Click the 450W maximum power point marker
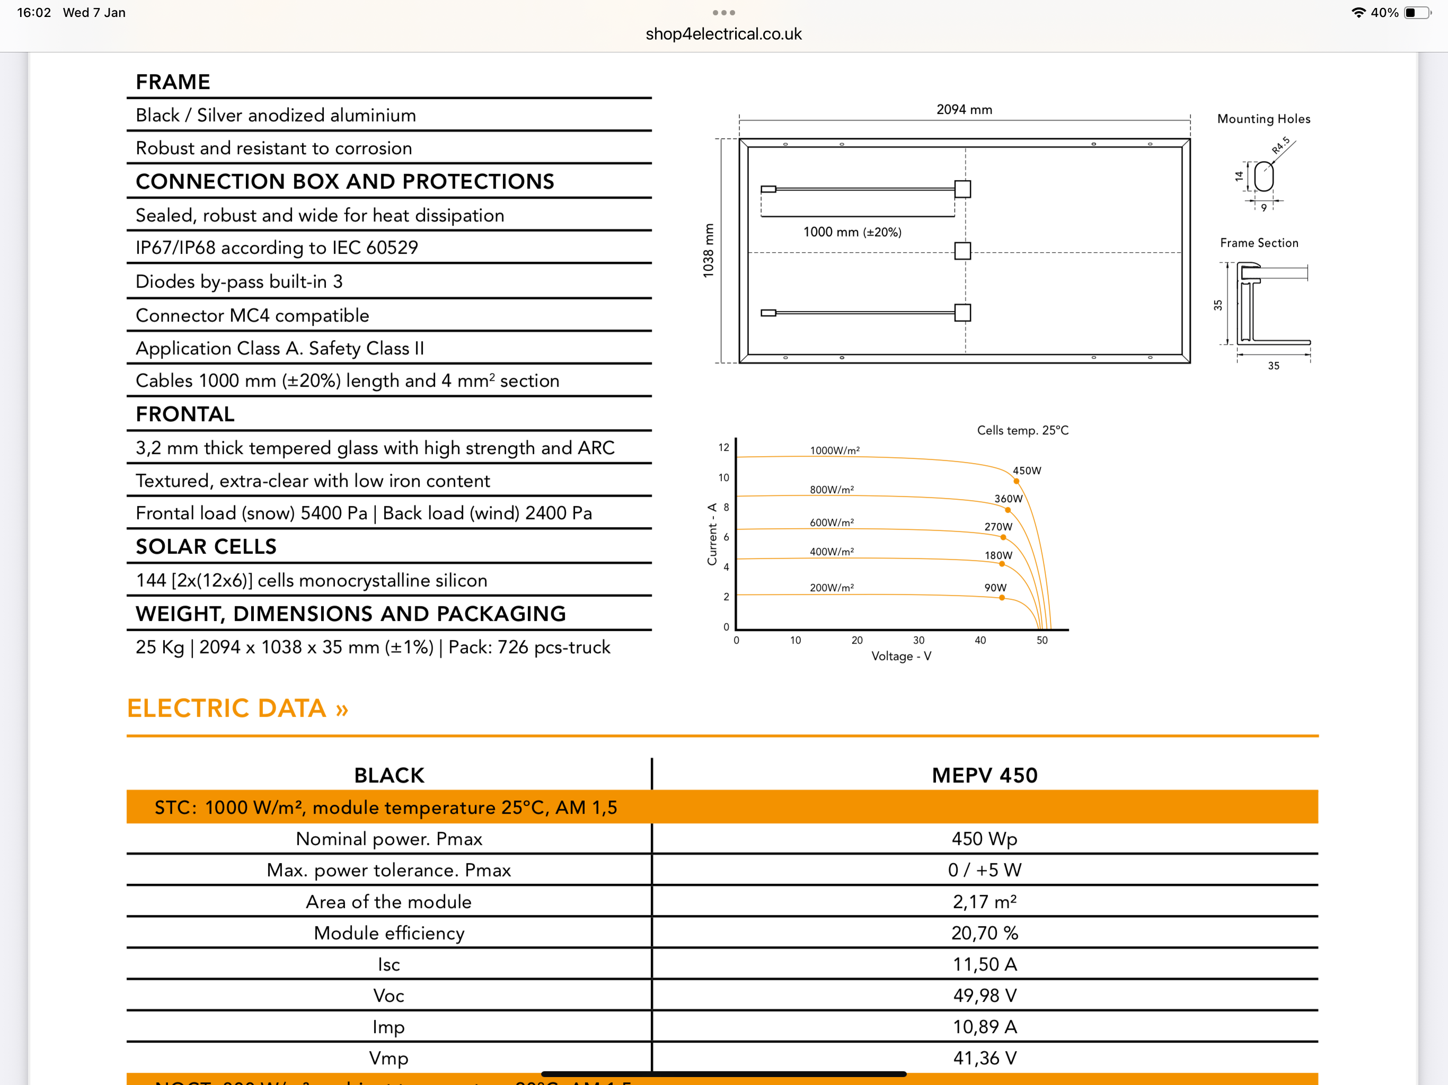1016,482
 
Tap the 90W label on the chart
995,588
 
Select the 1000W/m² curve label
835,450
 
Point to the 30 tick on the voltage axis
919,640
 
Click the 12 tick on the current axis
723,448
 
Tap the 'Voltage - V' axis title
900,656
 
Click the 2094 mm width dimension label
964,109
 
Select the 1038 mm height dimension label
708,251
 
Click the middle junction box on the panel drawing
963,251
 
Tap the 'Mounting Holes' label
1264,119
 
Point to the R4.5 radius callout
1281,145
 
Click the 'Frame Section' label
1259,243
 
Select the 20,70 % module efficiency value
985,932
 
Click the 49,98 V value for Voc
985,995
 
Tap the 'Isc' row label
389,964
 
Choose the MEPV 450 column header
985,775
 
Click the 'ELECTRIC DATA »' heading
237,708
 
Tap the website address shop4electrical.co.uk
723,34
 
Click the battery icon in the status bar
1417,12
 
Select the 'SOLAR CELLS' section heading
206,546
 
